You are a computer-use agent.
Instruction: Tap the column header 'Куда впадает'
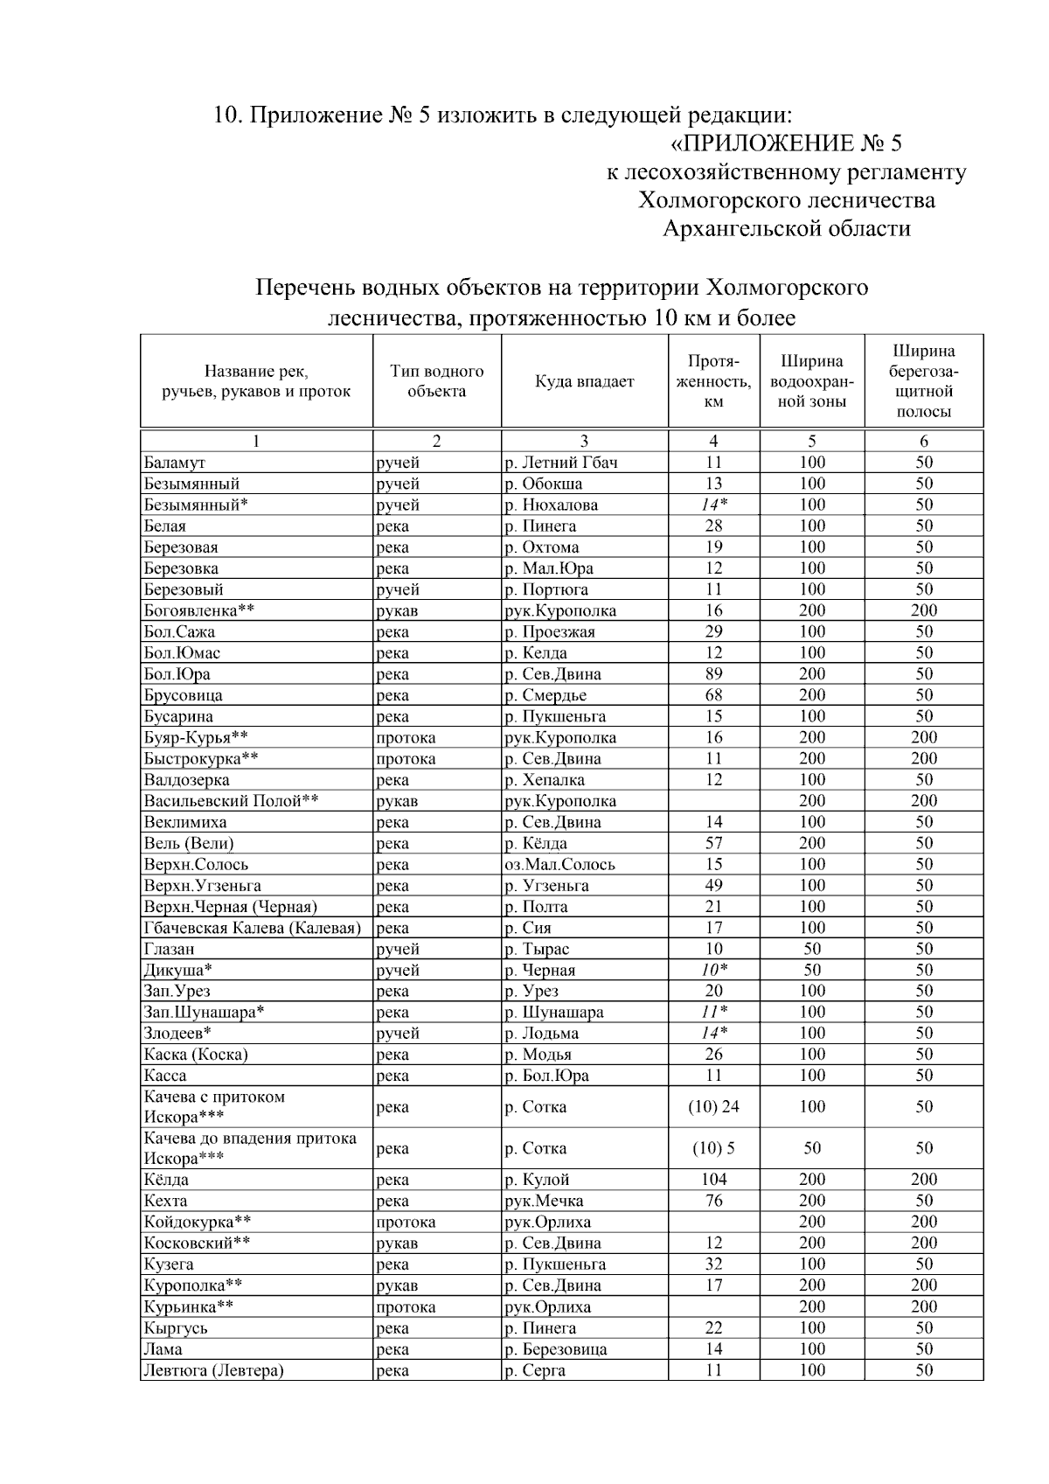(584, 381)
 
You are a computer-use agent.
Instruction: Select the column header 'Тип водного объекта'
(436, 381)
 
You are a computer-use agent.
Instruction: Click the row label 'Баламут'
(174, 463)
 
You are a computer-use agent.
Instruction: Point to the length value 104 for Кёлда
(713, 1180)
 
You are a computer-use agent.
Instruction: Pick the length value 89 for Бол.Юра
(713, 674)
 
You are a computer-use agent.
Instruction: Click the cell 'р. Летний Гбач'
(560, 463)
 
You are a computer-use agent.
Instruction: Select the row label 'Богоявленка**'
(199, 610)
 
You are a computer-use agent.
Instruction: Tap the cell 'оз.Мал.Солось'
(559, 864)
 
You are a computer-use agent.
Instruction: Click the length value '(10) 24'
(713, 1106)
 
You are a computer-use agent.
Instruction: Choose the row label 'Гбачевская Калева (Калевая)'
(253, 928)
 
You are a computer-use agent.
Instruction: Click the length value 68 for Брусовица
(713, 695)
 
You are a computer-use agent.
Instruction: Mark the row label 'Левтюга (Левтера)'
(213, 1370)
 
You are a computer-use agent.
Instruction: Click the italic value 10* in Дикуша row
(713, 970)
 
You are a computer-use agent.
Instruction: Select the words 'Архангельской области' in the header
(786, 229)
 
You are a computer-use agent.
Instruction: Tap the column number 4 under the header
(713, 442)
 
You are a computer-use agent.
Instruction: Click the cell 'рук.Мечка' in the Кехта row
(544, 1201)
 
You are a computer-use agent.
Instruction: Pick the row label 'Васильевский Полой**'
(231, 801)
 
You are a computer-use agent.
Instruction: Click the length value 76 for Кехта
(713, 1201)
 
